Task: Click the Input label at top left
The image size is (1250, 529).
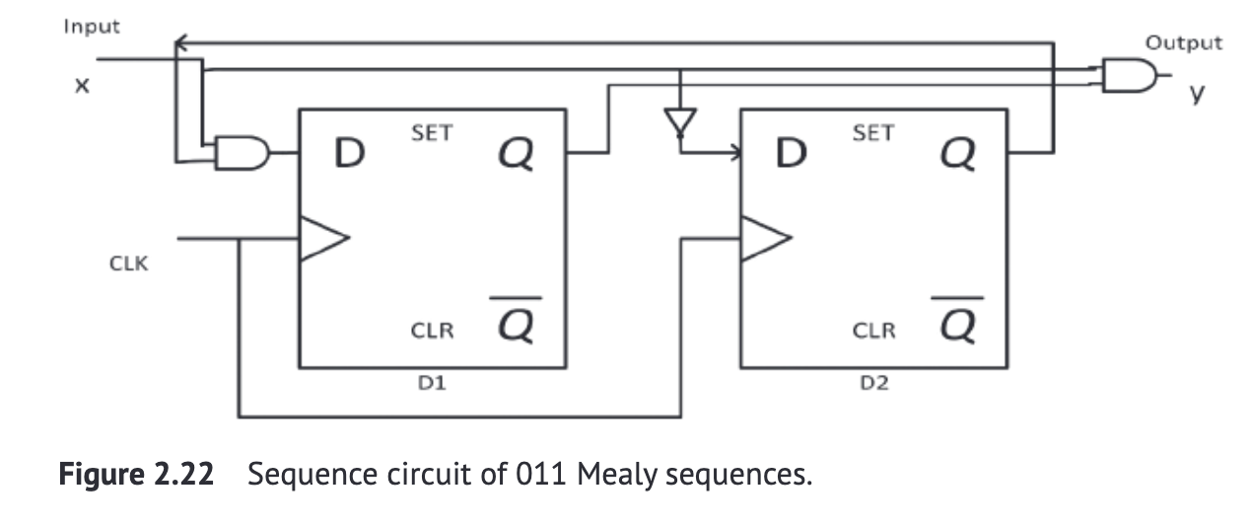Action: click(92, 27)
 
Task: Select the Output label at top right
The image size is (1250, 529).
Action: click(1183, 43)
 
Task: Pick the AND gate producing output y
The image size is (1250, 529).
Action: click(1127, 75)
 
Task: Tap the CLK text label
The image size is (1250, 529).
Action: click(129, 264)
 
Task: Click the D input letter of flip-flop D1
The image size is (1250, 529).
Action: click(347, 153)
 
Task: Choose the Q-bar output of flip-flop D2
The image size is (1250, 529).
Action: click(959, 322)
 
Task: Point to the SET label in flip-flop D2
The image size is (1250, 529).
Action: click(872, 133)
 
